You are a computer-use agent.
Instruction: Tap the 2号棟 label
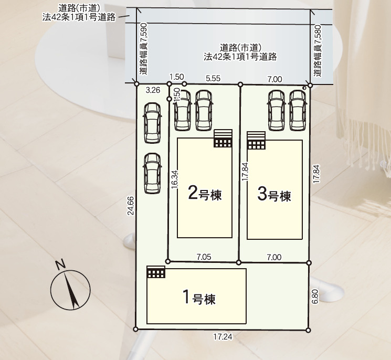point(205,195)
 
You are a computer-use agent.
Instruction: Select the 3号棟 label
point(274,195)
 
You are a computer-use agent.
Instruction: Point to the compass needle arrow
point(71,292)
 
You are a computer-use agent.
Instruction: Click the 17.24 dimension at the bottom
point(223,337)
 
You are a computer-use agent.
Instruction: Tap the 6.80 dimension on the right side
point(315,297)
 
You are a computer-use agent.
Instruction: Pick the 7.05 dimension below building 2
point(204,257)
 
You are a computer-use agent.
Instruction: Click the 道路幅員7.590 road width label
point(143,52)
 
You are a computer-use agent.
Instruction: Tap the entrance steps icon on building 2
point(223,139)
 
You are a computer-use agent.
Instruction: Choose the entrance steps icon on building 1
point(156,272)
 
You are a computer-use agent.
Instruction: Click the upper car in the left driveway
point(152,122)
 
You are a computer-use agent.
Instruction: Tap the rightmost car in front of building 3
point(297,110)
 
